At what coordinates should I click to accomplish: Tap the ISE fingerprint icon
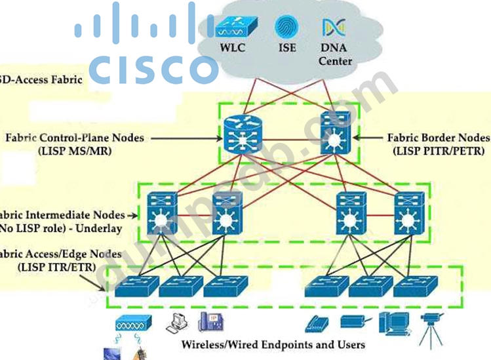[285, 27]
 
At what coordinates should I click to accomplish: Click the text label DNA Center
[335, 54]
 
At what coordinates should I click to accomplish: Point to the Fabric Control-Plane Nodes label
[75, 138]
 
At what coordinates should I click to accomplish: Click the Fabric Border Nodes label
[438, 138]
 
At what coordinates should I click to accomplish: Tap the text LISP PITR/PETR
[439, 151]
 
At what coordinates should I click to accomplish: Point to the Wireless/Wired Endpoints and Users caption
[273, 345]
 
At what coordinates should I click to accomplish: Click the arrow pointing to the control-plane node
[190, 138]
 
